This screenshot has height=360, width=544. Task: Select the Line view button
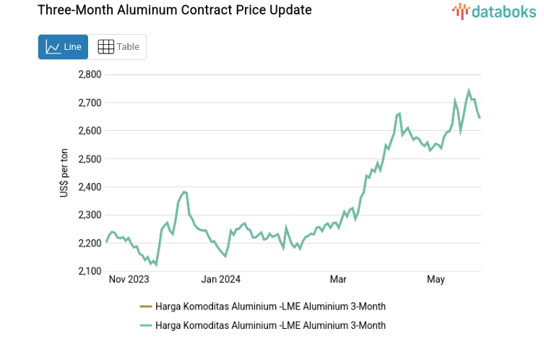tap(63, 47)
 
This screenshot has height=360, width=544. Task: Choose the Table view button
tap(118, 47)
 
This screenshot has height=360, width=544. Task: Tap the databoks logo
tap(495, 11)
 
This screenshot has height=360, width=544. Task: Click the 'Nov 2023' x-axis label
tap(129, 279)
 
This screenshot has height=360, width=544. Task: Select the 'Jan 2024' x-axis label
tap(221, 279)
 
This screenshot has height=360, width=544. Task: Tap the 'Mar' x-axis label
tap(338, 279)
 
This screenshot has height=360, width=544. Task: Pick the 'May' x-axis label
tap(436, 279)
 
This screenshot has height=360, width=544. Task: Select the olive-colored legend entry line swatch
tap(145, 307)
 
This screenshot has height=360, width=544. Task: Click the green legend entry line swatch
tap(145, 325)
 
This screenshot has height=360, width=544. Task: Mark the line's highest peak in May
tap(469, 91)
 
